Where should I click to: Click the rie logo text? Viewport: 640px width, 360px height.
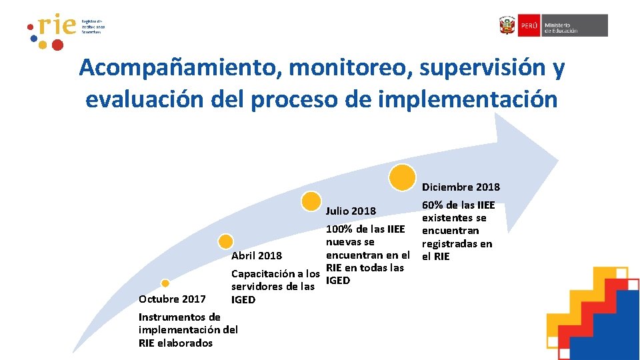[57, 27]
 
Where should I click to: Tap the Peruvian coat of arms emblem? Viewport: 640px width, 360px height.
[507, 25]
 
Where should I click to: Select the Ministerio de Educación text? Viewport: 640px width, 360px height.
[561, 25]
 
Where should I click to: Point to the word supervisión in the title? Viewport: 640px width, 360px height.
[471, 68]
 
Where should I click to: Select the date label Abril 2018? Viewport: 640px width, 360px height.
[256, 256]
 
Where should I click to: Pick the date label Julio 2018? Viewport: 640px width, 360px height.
[351, 211]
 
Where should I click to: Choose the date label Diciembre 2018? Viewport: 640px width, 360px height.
[461, 187]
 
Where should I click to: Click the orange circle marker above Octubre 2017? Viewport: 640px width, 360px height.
[165, 283]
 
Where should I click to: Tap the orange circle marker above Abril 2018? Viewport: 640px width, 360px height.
[227, 241]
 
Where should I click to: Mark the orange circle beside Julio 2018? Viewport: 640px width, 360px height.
[311, 201]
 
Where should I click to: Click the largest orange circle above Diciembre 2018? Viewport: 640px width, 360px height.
[403, 177]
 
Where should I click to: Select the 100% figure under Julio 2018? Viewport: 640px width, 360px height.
[339, 229]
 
